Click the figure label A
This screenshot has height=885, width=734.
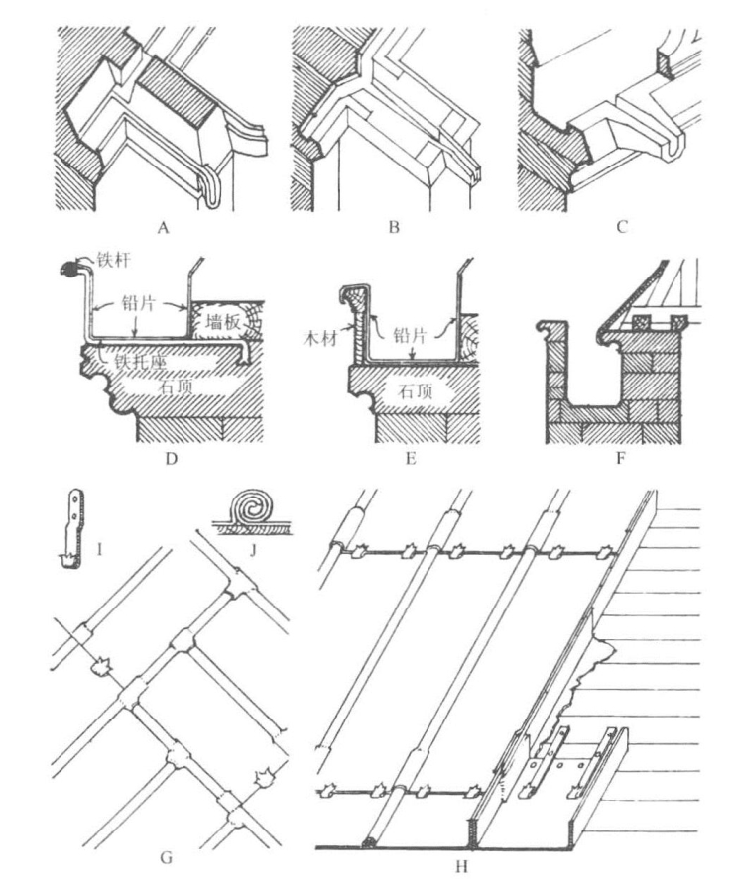(x=164, y=228)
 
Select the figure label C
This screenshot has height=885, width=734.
(x=622, y=228)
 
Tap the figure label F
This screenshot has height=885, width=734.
(x=620, y=458)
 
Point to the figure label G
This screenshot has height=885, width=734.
(x=166, y=858)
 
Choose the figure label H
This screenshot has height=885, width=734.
(x=461, y=866)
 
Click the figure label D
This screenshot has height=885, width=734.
(x=172, y=458)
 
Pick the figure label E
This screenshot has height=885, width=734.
(x=411, y=458)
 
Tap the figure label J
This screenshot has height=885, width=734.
(x=253, y=549)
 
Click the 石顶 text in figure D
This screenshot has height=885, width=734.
(x=177, y=387)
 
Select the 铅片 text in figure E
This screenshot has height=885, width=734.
(x=410, y=334)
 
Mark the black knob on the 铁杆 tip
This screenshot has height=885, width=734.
(x=69, y=271)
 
